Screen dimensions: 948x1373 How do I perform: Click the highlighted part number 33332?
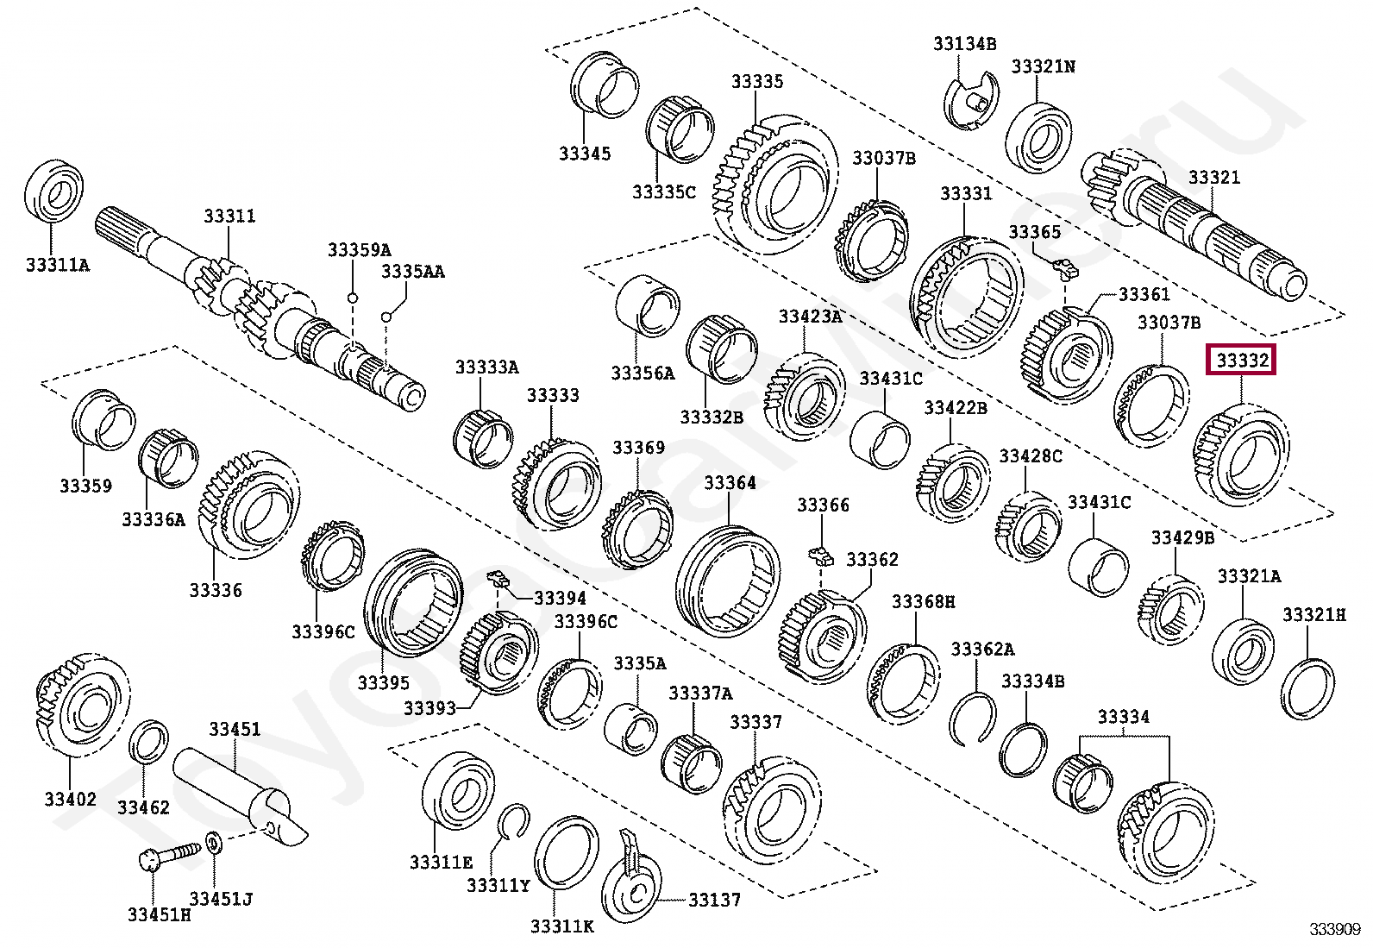(1243, 361)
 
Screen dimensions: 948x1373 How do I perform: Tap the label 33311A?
(57, 265)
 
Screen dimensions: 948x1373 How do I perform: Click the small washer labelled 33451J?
(214, 841)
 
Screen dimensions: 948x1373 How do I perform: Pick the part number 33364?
(730, 483)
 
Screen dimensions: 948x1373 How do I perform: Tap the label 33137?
(715, 901)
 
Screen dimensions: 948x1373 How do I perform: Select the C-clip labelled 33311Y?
(513, 823)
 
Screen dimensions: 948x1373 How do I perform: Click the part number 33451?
(234, 731)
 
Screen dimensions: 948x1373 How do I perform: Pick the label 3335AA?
(413, 273)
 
